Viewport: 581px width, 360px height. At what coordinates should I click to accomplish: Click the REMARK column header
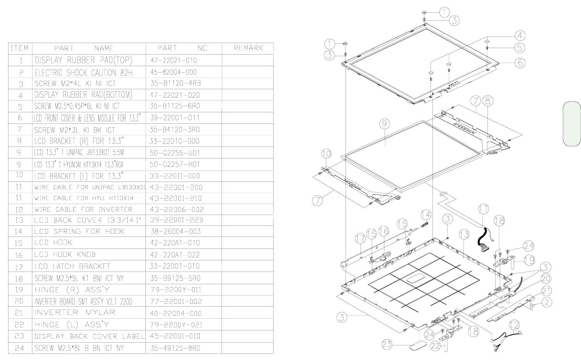(x=248, y=48)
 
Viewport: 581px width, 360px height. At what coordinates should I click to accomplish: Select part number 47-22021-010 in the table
(x=173, y=60)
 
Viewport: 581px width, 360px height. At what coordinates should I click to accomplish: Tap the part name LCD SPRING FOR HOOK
(x=79, y=232)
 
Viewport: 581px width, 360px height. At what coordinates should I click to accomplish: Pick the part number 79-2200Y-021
(x=176, y=325)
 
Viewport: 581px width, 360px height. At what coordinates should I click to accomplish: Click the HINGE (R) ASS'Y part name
(x=72, y=290)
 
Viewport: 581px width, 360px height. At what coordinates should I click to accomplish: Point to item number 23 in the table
(x=19, y=336)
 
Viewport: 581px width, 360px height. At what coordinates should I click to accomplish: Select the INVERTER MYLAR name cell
(x=75, y=313)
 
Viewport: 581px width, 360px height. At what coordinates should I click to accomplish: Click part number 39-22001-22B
(x=177, y=220)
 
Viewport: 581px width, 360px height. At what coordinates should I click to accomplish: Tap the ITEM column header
(x=19, y=48)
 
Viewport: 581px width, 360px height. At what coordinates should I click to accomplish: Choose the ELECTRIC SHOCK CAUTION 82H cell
(x=83, y=72)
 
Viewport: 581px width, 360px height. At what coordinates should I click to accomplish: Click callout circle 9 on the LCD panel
(x=384, y=124)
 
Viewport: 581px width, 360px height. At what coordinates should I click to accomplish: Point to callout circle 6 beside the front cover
(x=520, y=62)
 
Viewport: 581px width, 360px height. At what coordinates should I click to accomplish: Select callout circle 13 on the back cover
(x=464, y=234)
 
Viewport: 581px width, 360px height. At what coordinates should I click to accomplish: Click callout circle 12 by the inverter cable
(x=516, y=325)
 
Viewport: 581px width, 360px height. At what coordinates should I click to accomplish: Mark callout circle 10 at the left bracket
(x=326, y=154)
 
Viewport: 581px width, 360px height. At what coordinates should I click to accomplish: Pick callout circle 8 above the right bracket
(x=488, y=101)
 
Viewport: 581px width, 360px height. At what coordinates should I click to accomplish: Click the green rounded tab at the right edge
(x=572, y=123)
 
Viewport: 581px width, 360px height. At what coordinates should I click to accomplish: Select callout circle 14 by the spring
(x=426, y=214)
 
